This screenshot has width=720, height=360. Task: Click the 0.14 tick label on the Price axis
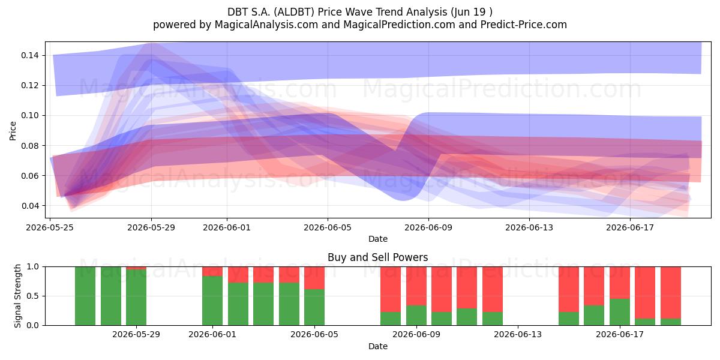pos(29,55)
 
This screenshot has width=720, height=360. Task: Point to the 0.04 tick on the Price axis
pos(29,206)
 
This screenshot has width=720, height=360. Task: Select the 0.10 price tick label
pos(29,115)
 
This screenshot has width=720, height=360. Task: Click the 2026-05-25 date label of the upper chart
pos(50,227)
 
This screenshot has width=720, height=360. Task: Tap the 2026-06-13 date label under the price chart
pos(529,227)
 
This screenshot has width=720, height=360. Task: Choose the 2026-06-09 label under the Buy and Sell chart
pos(416,334)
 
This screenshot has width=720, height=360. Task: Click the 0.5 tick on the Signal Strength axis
pos(33,296)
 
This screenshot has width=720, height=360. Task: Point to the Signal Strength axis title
pos(17,296)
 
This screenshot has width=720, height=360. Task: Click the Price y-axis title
pos(13,131)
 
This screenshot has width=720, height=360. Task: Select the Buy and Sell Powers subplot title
pos(377,257)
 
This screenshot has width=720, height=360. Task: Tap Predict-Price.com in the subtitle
pos(524,25)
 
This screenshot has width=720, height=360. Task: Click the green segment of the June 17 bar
pos(619,312)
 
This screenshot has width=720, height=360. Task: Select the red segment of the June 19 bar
pos(671,293)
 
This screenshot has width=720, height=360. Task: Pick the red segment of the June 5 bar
pos(314,278)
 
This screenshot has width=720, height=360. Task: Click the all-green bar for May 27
pos(111,296)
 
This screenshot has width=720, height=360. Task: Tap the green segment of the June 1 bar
pos(212,301)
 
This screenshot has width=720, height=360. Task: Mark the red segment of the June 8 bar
pos(391,289)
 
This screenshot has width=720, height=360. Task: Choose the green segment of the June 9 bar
pos(416,316)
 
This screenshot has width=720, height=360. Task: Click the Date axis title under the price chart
pos(377,239)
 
